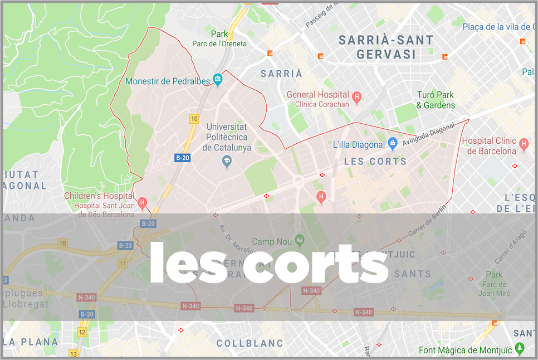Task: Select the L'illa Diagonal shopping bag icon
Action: [393, 143]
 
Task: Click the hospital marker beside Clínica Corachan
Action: [358, 98]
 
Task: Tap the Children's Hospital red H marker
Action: [143, 202]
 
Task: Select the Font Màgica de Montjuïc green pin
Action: [520, 349]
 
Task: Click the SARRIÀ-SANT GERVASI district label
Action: [386, 47]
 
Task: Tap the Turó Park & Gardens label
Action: [436, 100]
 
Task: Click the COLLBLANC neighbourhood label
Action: [250, 343]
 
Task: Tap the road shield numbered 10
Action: [194, 119]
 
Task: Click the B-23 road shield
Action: [125, 245]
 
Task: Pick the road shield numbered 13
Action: [74, 354]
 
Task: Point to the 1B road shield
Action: [62, 243]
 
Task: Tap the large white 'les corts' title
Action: [268, 264]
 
